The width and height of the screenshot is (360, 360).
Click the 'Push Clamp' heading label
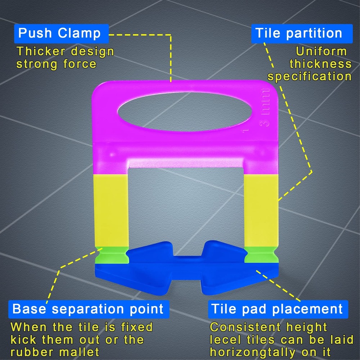pos(59,33)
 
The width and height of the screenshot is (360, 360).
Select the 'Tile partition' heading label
pos(298,33)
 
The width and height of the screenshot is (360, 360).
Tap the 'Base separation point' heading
pos(88,309)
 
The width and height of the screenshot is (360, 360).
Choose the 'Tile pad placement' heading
pos(277,309)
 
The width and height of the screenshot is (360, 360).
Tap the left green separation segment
pos(112,255)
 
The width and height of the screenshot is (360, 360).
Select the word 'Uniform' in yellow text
pos(321,51)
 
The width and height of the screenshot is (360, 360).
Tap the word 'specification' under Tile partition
pos(309,77)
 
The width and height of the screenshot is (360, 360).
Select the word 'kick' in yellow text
pos(23,339)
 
